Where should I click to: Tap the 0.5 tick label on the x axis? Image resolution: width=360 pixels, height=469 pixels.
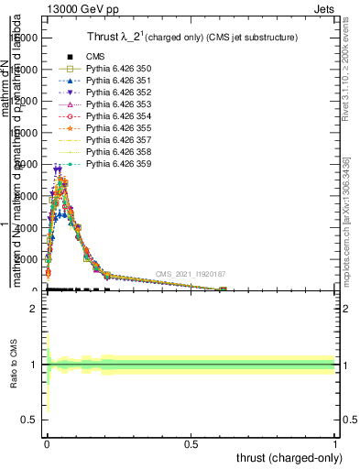point(191,442)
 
